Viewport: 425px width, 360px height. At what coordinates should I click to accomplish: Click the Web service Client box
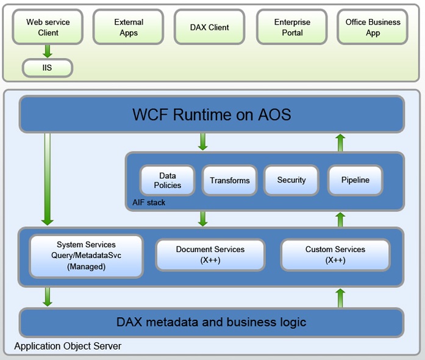coord(48,27)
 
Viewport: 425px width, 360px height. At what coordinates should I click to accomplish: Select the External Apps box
coord(129,27)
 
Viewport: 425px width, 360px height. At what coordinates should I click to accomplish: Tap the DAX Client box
coord(210,27)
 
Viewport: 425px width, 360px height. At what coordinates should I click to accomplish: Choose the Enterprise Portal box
coord(292,27)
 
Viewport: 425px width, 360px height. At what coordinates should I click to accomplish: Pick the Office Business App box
coord(373,27)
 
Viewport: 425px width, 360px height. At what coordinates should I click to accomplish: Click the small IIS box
coord(48,68)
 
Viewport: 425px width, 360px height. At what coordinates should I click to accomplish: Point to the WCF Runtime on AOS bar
coord(212,114)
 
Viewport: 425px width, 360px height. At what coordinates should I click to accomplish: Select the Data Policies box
coord(168,180)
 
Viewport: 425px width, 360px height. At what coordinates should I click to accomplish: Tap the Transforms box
coord(230,180)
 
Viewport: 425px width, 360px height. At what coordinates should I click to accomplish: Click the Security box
coord(291,180)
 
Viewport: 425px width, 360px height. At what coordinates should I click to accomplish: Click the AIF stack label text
coord(149,202)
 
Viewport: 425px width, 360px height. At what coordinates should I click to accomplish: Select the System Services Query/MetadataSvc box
coord(86,256)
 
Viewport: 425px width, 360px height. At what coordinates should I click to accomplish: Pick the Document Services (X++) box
coord(210,254)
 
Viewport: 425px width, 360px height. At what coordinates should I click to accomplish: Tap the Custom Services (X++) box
coord(335,254)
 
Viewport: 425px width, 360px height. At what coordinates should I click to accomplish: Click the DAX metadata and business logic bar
coord(212,322)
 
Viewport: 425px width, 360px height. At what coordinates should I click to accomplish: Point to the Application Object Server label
coord(68,346)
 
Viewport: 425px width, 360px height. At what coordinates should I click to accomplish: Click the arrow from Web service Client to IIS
coord(48,51)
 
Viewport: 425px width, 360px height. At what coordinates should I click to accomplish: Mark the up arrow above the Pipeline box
coord(340,143)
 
